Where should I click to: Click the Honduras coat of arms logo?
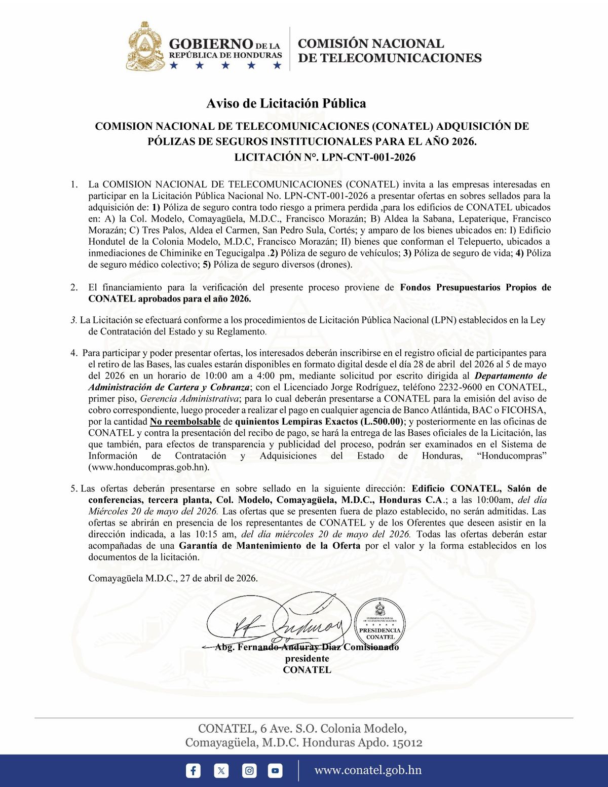[x=146, y=47]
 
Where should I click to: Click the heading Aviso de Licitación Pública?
[x=286, y=104]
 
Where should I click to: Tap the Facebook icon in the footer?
[x=193, y=771]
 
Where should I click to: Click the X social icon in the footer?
[x=221, y=771]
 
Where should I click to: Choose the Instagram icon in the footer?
[x=249, y=771]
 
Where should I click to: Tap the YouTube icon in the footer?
[x=275, y=771]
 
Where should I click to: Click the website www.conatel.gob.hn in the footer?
[x=368, y=770]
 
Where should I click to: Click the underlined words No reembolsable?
[x=185, y=422]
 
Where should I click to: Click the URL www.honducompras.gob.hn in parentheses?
[x=149, y=467]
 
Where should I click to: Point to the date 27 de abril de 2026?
[x=219, y=578]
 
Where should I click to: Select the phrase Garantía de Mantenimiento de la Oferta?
[x=270, y=546]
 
